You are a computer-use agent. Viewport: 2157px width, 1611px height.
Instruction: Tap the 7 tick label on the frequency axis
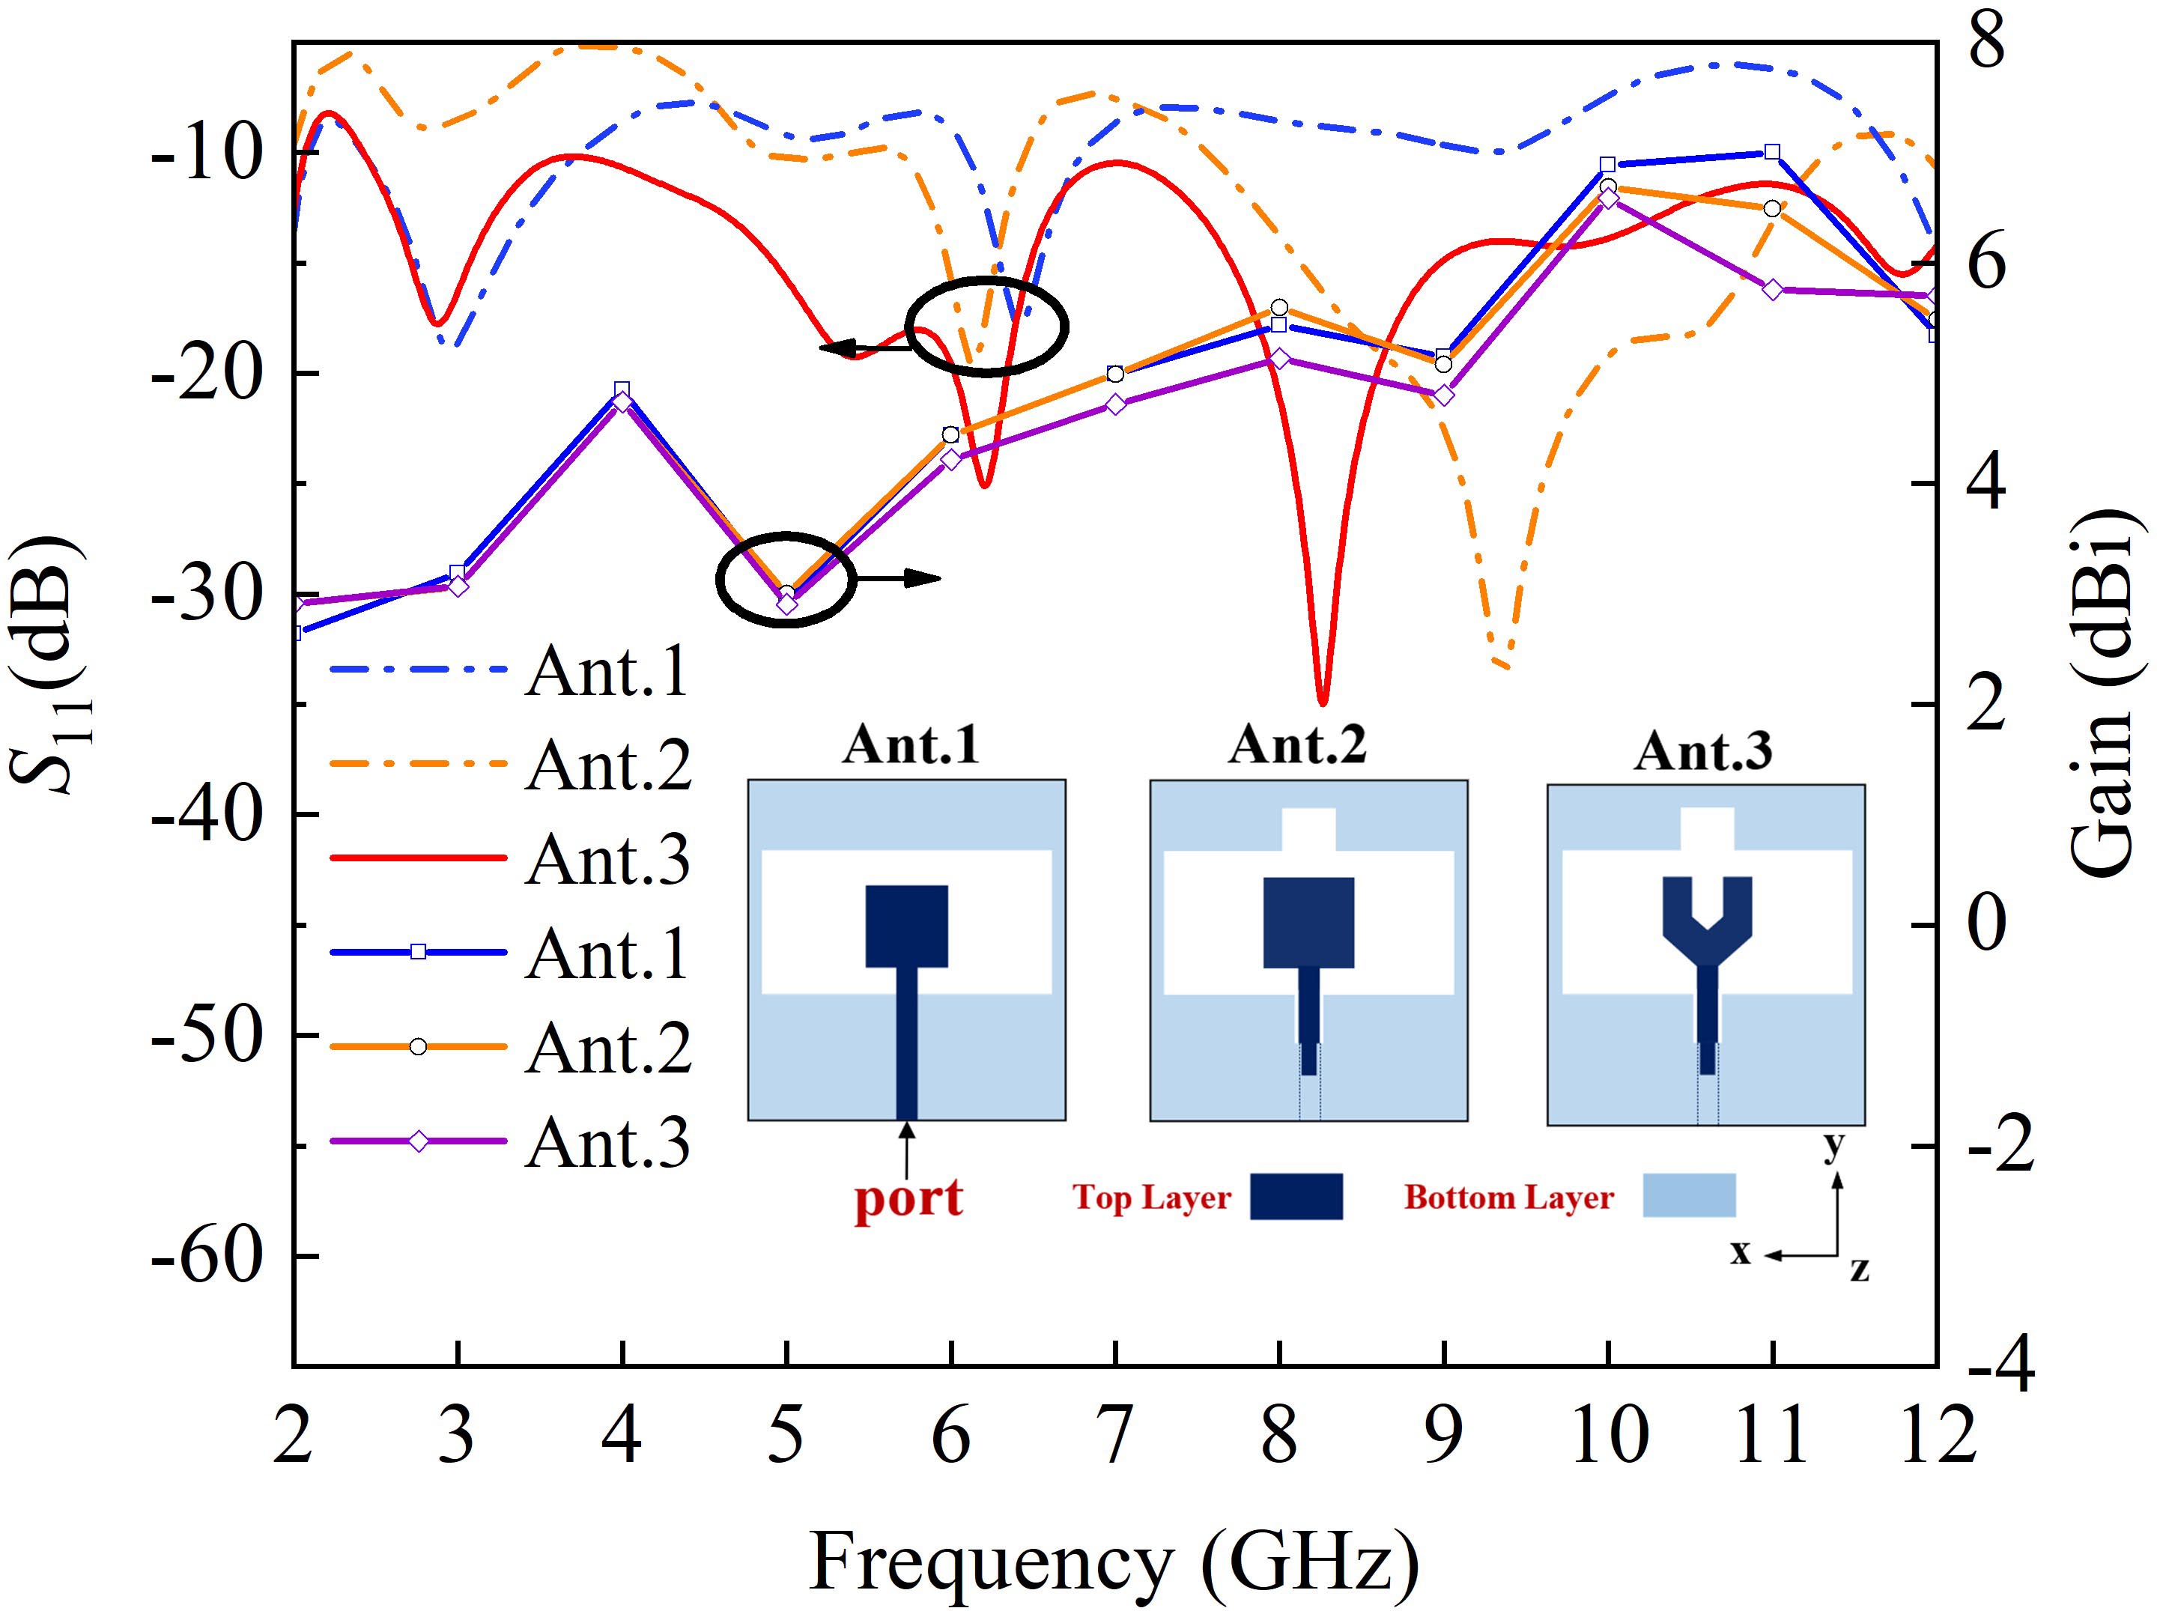tap(1114, 1436)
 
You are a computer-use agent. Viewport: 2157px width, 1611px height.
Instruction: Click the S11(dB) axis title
tap(49, 663)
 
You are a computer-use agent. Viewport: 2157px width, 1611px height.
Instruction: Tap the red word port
tap(908, 1197)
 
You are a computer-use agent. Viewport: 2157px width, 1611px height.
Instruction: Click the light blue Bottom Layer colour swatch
tap(1689, 1195)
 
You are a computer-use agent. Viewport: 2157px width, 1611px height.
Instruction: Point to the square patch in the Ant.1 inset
tap(907, 926)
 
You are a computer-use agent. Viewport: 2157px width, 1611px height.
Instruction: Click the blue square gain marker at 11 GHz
tap(1773, 151)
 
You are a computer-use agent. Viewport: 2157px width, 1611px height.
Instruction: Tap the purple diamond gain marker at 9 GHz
tap(1444, 395)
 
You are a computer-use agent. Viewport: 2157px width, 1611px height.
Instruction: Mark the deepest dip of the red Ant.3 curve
tap(1322, 700)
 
